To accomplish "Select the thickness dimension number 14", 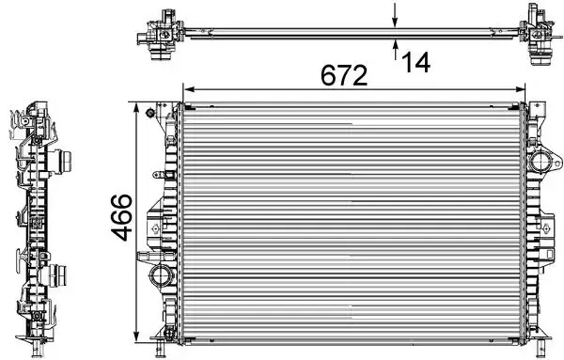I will pos(415,62).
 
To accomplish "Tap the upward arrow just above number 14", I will pos(395,48).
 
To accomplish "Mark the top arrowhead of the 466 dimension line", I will pos(140,108).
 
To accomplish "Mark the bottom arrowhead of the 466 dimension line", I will pos(140,334).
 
